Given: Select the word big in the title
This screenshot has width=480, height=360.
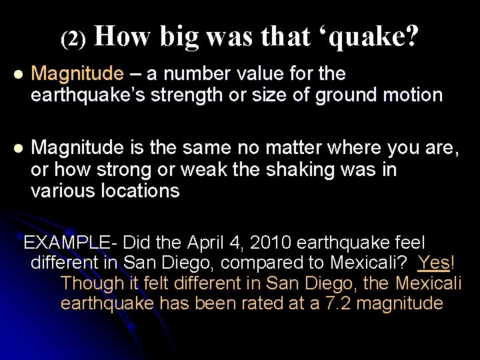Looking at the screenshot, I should (179, 37).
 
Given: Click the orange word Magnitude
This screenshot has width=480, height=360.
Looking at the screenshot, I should (77, 73).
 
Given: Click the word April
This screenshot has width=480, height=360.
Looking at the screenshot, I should (207, 242).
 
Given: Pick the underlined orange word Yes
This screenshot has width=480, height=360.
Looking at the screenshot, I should (434, 263).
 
